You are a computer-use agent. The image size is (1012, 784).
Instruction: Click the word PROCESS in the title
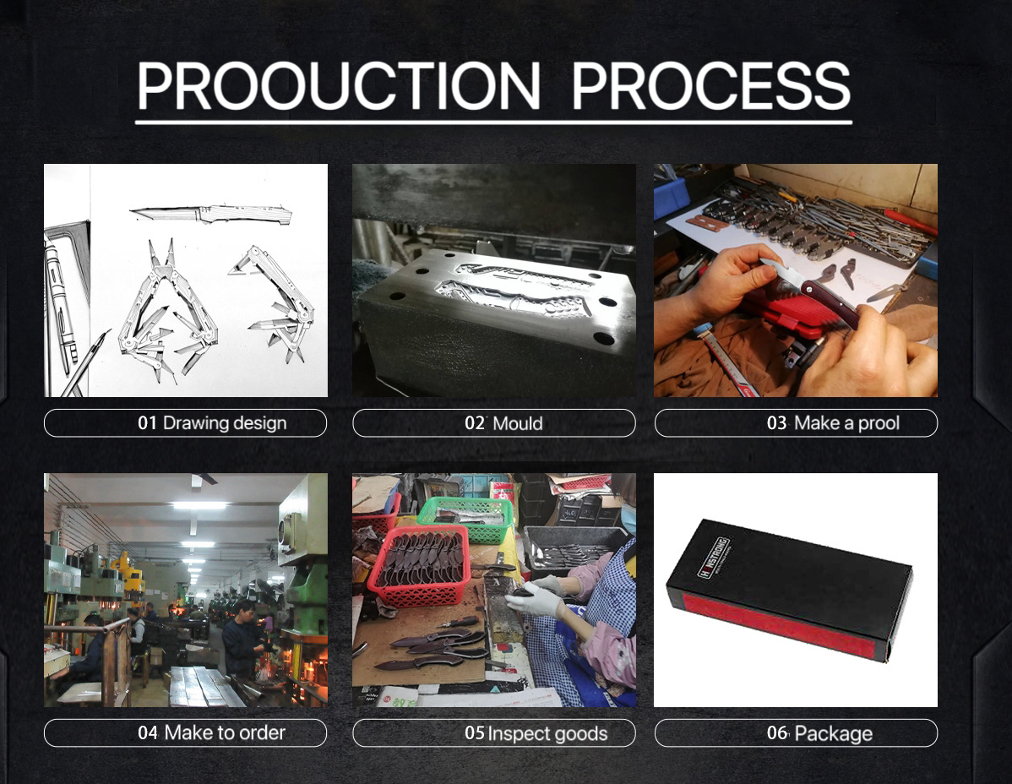coord(710,85)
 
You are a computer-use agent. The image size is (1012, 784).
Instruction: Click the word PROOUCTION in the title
coord(338,85)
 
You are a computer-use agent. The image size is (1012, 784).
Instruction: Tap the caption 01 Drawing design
coord(212,423)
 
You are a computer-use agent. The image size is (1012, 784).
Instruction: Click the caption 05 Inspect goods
coord(536,733)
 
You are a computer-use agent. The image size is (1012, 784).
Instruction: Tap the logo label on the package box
coord(714,558)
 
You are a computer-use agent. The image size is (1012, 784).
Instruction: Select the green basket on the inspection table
coord(465,518)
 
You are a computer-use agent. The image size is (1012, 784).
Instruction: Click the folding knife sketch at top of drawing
coord(211,212)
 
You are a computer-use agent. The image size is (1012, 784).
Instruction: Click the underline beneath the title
coord(493,122)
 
